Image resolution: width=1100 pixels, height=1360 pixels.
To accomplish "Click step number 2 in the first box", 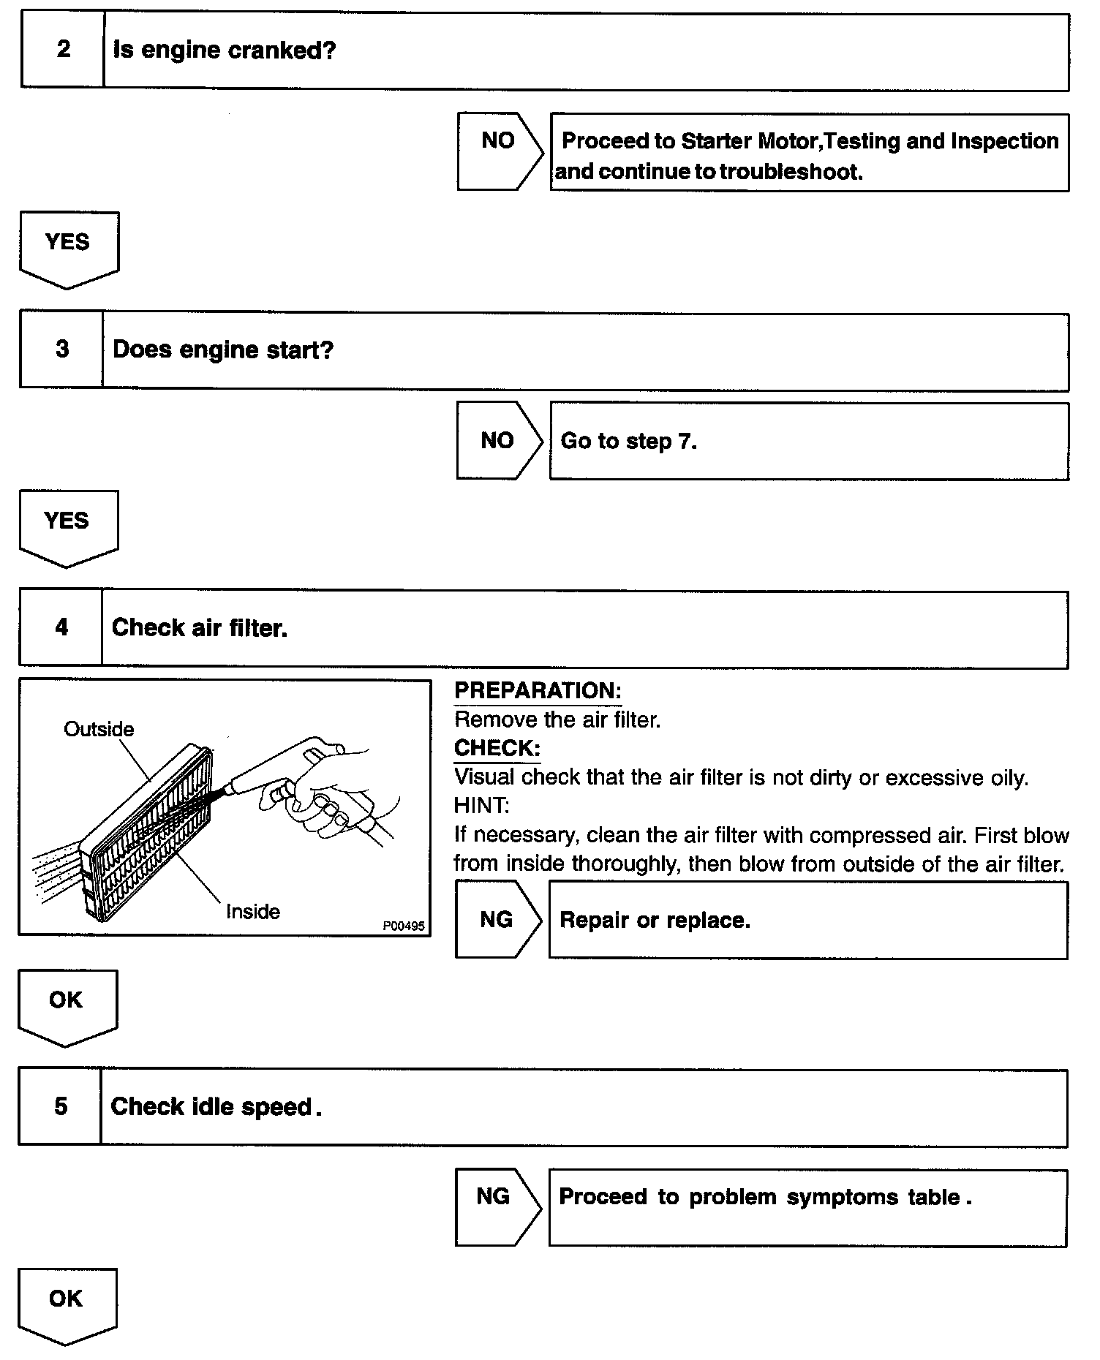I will pos(64,50).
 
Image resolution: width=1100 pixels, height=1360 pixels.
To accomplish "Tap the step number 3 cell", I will pos(62,350).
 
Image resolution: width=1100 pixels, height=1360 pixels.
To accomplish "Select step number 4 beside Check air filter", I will pos(61,627).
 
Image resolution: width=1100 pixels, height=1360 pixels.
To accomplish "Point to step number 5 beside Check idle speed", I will pos(61,1106).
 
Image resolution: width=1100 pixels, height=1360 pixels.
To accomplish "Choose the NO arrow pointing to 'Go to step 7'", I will pos(497,440).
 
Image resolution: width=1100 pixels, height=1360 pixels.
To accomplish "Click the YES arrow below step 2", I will pos(68,247).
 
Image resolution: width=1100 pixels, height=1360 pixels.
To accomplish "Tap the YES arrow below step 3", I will pos(67,526).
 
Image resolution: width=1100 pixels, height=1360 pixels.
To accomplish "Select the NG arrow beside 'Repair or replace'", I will pos(497,919).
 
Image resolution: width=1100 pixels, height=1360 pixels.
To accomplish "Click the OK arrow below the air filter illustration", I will pos(67,1005).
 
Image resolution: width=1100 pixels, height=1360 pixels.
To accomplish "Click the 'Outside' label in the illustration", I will pos(99,729).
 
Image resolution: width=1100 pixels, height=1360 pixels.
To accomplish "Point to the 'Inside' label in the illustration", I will pos(252,911).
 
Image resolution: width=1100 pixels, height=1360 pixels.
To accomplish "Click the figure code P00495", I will pos(403,926).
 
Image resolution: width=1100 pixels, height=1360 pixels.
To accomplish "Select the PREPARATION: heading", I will pos(538,690).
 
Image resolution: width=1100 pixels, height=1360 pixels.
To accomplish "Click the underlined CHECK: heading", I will pos(497,748).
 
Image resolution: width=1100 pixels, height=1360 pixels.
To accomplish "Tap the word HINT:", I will pos(481,806).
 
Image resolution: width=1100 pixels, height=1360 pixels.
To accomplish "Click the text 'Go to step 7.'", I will pos(628,441).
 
